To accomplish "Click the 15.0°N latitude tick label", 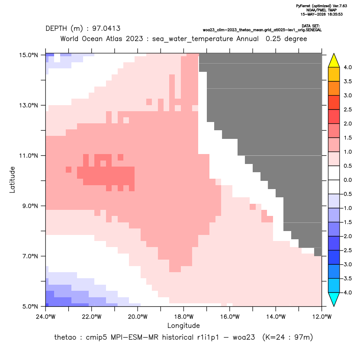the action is (x=29, y=55).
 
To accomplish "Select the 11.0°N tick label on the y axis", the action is (x=29, y=156).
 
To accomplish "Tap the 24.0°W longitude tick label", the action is (x=46, y=317).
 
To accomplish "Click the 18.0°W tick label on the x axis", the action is (x=183, y=317).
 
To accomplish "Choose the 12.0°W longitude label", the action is (x=322, y=317).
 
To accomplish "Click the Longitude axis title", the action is (x=183, y=325).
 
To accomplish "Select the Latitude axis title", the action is (x=12, y=180).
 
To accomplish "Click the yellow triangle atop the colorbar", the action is (x=334, y=61).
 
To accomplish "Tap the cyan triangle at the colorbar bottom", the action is (x=334, y=299).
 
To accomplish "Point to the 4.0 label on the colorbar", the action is (x=347, y=67).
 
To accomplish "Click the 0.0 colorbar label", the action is (x=347, y=180).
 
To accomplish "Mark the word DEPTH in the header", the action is (x=56, y=29).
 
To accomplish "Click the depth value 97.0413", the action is (x=106, y=29).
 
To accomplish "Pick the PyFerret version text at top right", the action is (x=321, y=6).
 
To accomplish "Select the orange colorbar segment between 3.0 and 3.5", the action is (x=334, y=88).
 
